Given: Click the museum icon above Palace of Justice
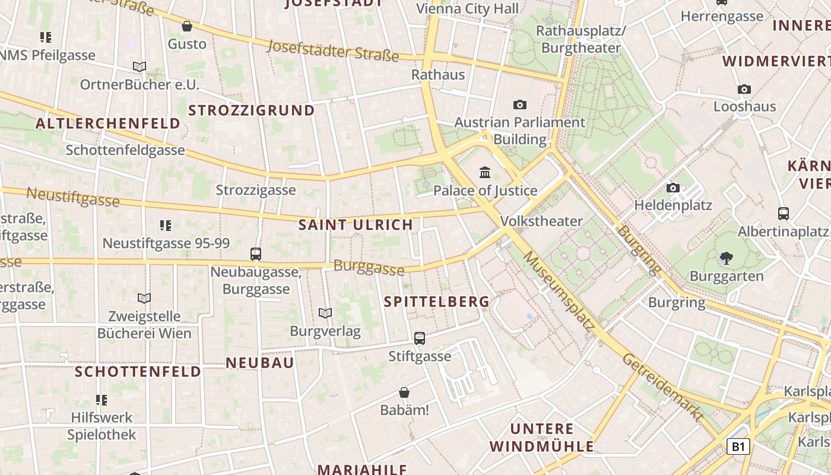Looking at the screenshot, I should pyautogui.click(x=485, y=173).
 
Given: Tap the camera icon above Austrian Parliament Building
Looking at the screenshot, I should pyautogui.click(x=520, y=105).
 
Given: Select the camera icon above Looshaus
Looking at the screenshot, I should pyautogui.click(x=744, y=90).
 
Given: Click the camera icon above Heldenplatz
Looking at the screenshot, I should pyautogui.click(x=673, y=188).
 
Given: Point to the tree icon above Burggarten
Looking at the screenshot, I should pyautogui.click(x=726, y=258).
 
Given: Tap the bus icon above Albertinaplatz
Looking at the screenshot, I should pyautogui.click(x=784, y=214).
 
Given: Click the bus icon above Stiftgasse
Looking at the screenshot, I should pyautogui.click(x=420, y=338).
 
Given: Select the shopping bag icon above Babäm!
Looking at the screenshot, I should pyautogui.click(x=404, y=392).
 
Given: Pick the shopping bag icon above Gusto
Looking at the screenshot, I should pyautogui.click(x=187, y=26).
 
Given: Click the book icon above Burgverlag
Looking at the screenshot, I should pyautogui.click(x=325, y=313).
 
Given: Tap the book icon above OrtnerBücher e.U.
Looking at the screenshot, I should pyautogui.click(x=139, y=67).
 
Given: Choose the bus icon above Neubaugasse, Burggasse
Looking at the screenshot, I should pyautogui.click(x=256, y=254).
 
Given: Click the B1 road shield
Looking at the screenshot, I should pyautogui.click(x=738, y=446).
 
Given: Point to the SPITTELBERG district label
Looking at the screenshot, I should pyautogui.click(x=437, y=302).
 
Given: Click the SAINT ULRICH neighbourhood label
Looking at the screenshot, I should pyautogui.click(x=356, y=224).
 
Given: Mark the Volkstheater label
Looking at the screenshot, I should pyautogui.click(x=541, y=221).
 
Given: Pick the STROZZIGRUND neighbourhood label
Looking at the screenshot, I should pyautogui.click(x=252, y=110).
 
